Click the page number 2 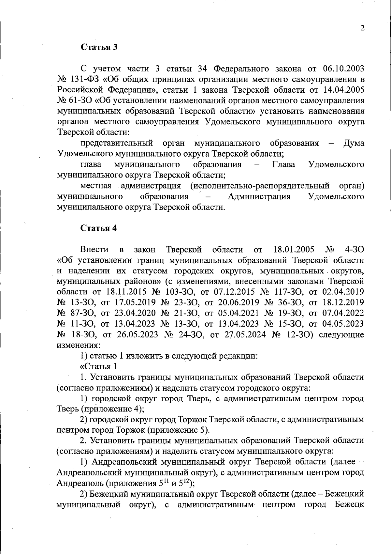(362, 28)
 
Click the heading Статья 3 (99, 47)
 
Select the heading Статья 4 (99, 228)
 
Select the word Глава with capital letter (283, 164)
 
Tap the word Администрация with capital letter (259, 196)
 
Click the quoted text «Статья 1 (99, 366)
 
